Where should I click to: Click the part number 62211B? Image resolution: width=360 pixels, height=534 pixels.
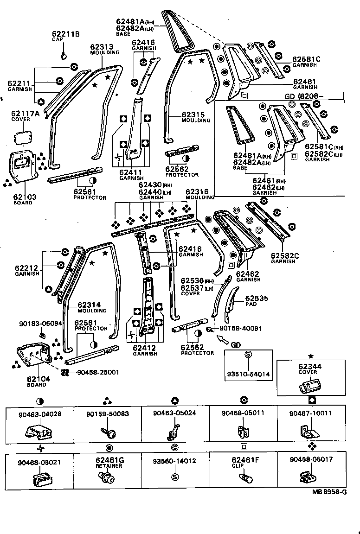pyautogui.click(x=66, y=34)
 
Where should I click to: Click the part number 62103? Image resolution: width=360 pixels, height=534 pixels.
pyautogui.click(x=25, y=197)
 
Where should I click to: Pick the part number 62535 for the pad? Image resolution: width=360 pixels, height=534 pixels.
pyautogui.click(x=257, y=299)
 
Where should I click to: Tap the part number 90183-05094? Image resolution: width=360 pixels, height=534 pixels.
pyautogui.click(x=40, y=323)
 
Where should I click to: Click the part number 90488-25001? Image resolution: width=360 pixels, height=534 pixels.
pyautogui.click(x=98, y=372)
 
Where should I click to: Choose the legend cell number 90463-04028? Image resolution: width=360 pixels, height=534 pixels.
pyautogui.click(x=39, y=413)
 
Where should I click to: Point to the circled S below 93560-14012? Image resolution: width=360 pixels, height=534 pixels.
pyautogui.click(x=175, y=477)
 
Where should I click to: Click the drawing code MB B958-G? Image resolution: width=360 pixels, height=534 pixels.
pyautogui.click(x=329, y=492)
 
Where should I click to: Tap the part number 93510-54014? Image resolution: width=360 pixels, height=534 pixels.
pyautogui.click(x=248, y=373)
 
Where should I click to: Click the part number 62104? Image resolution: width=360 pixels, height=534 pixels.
pyautogui.click(x=39, y=379)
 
